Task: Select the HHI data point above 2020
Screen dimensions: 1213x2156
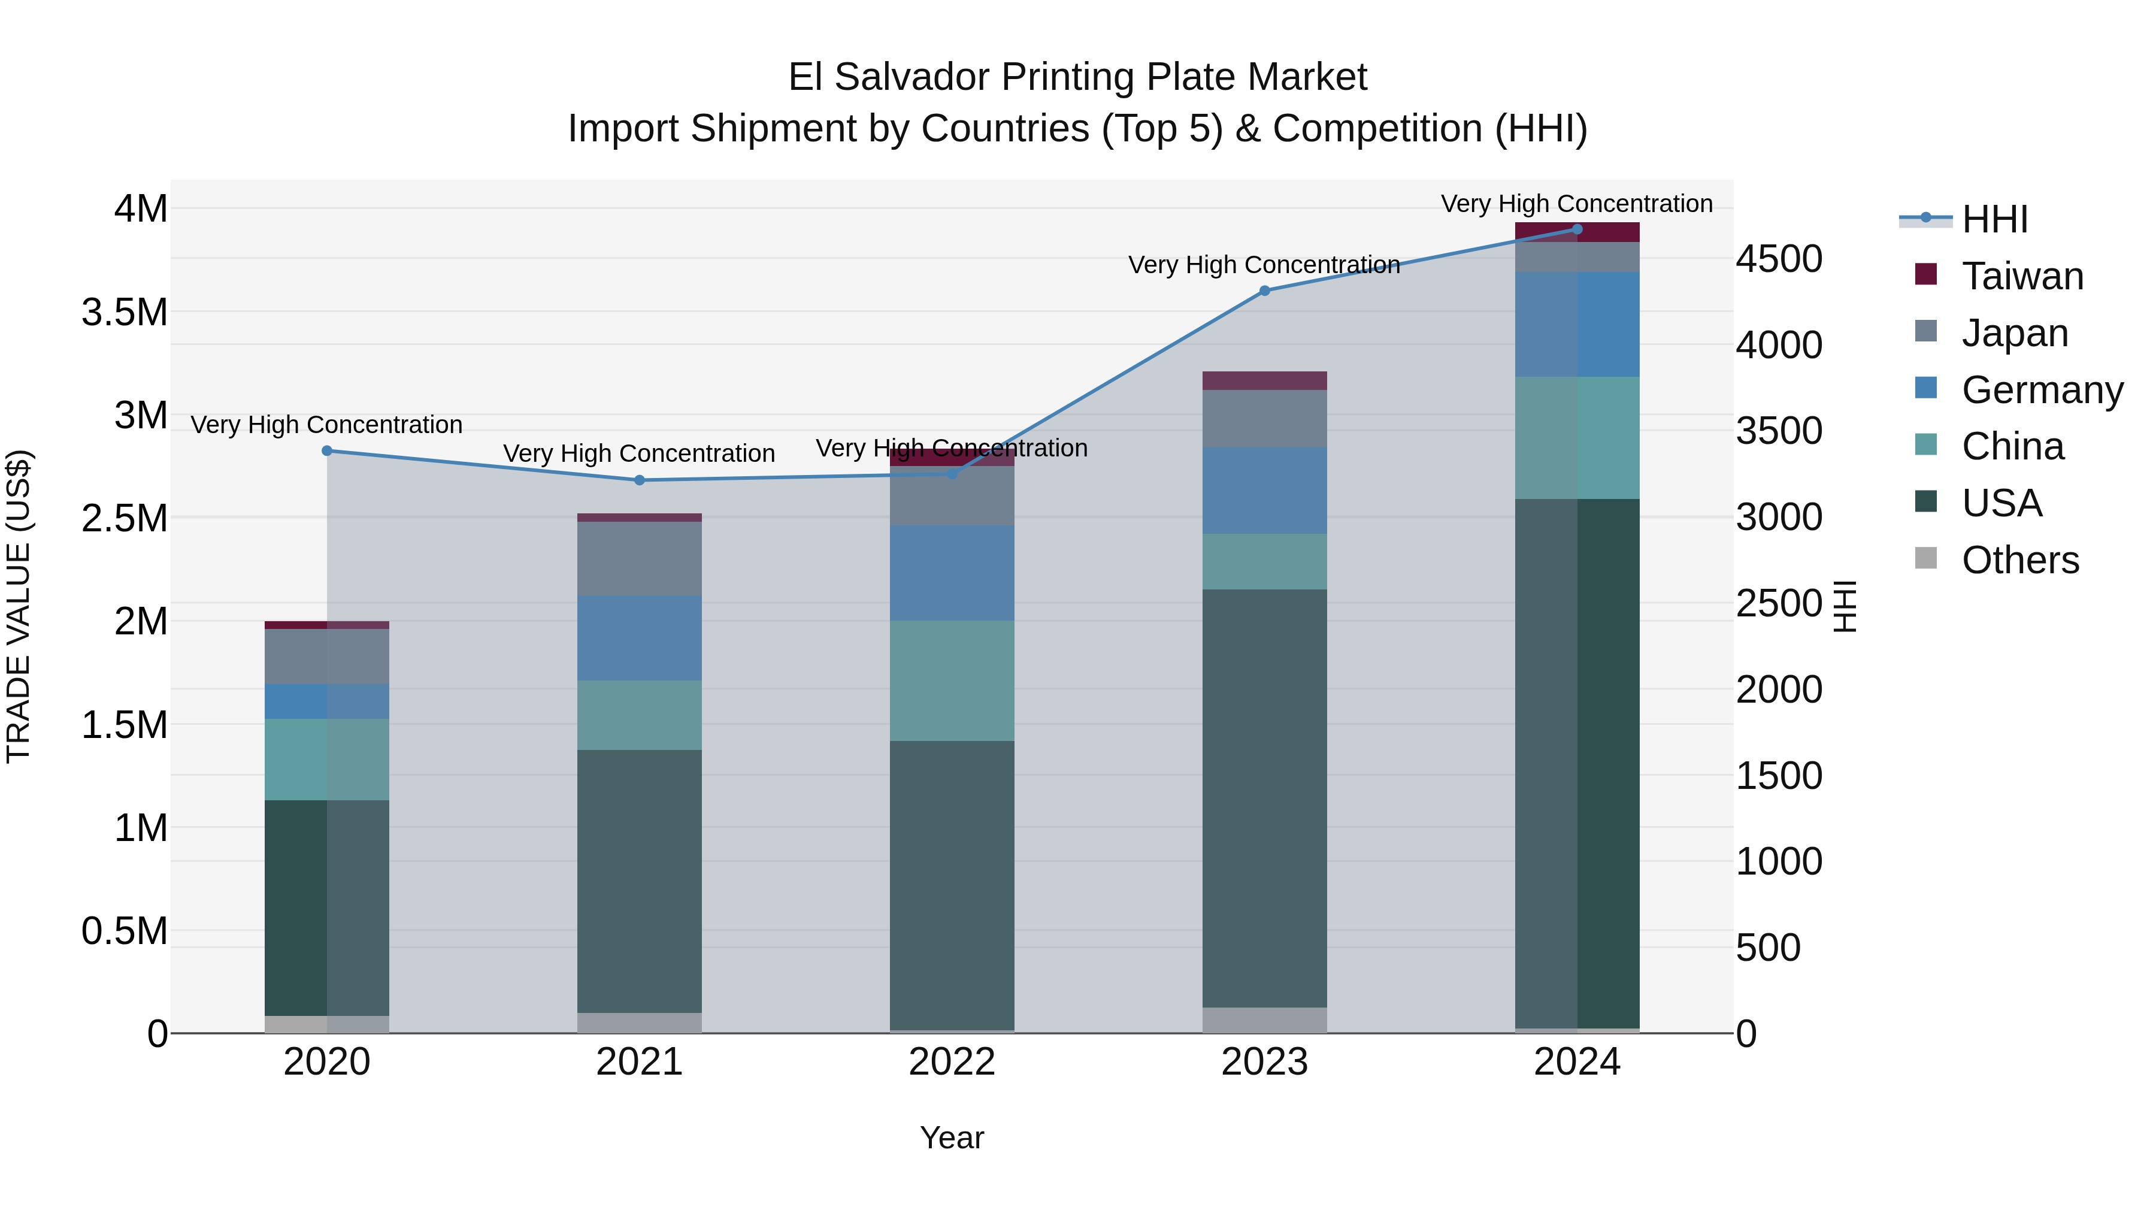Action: (327, 450)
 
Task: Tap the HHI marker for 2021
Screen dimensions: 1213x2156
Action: (640, 480)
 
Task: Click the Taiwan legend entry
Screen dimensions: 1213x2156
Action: (2021, 276)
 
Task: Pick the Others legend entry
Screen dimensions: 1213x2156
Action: (2019, 559)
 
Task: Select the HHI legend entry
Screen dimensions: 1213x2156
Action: (1994, 219)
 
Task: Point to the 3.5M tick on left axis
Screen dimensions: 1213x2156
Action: (125, 312)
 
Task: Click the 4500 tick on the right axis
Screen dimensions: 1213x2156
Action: (1779, 259)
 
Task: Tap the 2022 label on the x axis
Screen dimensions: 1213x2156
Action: (952, 1061)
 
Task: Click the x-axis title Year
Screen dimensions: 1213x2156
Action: (952, 1138)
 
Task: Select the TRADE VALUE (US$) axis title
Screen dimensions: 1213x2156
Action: (19, 606)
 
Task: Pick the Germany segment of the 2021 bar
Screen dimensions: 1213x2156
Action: (640, 637)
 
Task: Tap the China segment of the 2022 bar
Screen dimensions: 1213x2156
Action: (952, 680)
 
